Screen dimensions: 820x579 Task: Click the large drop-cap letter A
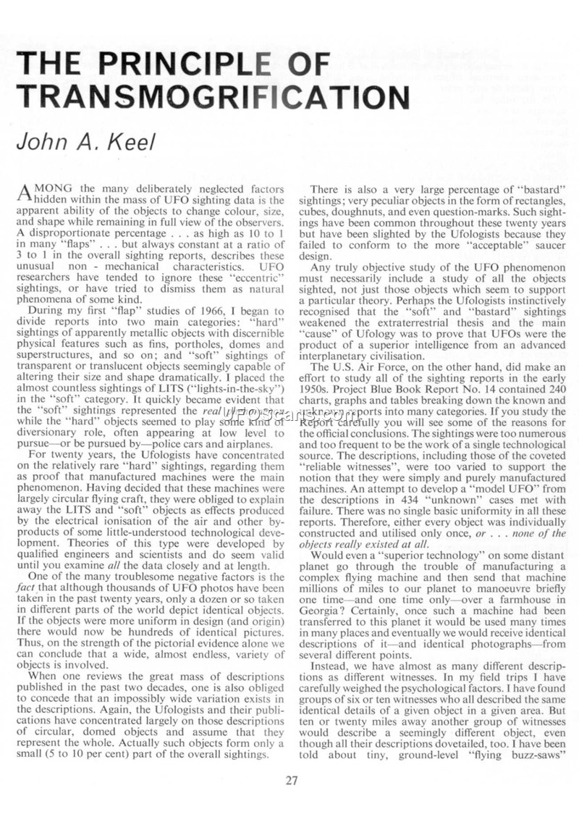point(25,193)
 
